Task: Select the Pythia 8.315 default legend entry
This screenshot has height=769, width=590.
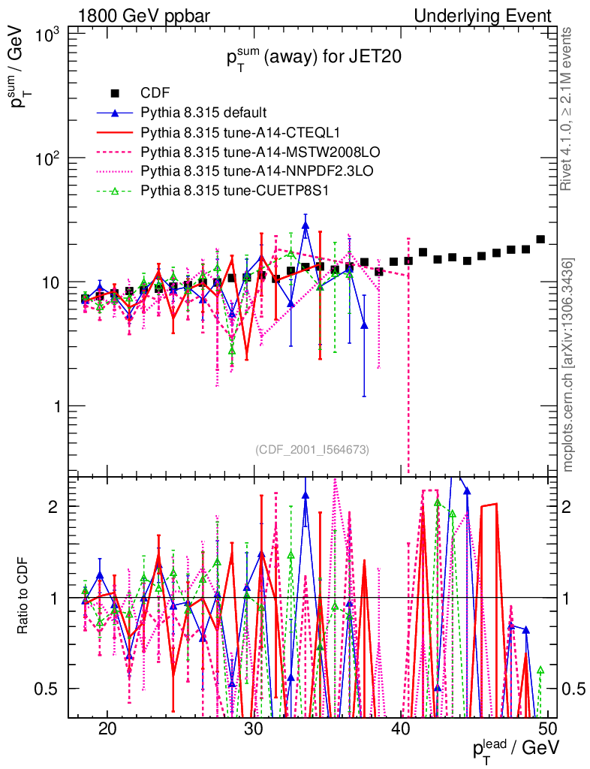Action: [x=203, y=113]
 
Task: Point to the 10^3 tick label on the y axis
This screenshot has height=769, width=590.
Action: [x=47, y=35]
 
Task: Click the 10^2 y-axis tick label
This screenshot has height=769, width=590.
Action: [x=47, y=158]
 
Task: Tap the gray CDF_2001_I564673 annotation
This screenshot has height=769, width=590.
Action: [x=312, y=449]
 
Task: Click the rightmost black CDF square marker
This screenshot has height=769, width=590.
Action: [x=540, y=240]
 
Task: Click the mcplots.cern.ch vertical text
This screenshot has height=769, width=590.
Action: [x=569, y=364]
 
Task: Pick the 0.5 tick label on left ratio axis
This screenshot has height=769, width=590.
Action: [x=53, y=689]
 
